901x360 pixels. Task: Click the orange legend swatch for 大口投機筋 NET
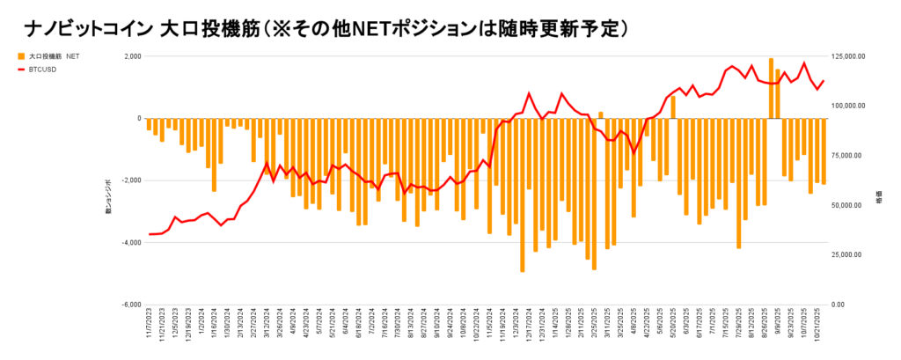(x=20, y=56)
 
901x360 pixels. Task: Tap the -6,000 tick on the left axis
(x=128, y=305)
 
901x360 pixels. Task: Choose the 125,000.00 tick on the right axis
(x=849, y=56)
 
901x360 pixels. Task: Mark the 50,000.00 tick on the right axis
(x=847, y=205)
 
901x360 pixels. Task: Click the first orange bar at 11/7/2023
(x=150, y=124)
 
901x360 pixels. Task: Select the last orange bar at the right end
(x=824, y=151)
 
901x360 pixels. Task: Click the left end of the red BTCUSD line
(x=150, y=234)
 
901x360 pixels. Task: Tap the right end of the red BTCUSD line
(x=824, y=81)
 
